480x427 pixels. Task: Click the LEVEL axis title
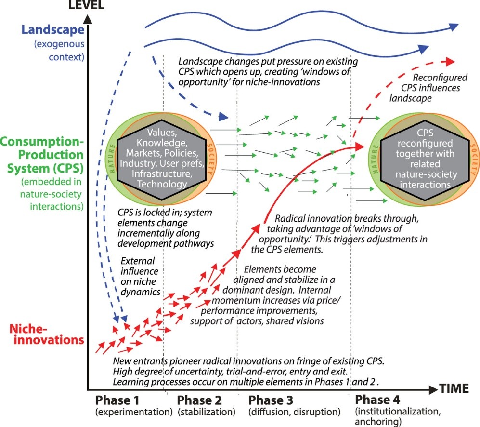(86, 5)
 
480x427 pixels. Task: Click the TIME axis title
(454, 388)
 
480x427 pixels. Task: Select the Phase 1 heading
(117, 400)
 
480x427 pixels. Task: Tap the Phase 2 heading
(199, 400)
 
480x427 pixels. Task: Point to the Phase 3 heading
(271, 400)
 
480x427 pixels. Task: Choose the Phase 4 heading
(377, 400)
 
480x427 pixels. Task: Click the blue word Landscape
(52, 30)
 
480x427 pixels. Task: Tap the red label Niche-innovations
(47, 334)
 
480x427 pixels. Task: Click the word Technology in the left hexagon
(162, 184)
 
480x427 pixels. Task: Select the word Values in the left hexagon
(162, 133)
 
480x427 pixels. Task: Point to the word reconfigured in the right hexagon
(425, 143)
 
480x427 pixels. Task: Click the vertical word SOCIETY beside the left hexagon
(210, 159)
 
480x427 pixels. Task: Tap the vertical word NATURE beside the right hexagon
(375, 160)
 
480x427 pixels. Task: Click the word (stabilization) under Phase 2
(207, 412)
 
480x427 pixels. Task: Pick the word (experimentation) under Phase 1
(134, 412)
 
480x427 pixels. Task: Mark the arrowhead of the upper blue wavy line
(454, 27)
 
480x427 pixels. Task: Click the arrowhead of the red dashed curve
(450, 62)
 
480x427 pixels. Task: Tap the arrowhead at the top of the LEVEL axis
(88, 20)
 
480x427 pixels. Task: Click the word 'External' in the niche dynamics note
(137, 261)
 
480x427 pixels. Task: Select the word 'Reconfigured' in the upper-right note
(440, 78)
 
